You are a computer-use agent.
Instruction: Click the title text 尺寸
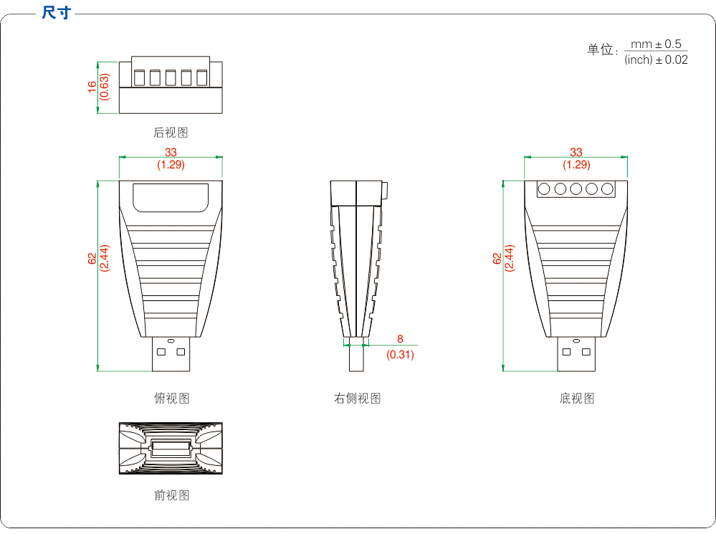pos(57,12)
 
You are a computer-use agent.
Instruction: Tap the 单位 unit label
pos(601,49)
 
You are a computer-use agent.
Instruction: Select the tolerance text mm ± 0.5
pos(656,44)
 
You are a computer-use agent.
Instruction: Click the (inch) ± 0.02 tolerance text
pos(656,59)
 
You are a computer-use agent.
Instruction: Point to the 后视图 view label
pos(171,133)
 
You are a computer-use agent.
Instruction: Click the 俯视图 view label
pos(171,399)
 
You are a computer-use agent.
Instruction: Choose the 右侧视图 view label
pos(357,399)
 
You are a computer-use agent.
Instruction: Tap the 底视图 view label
pos(576,399)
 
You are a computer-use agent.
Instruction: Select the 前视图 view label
pos(171,495)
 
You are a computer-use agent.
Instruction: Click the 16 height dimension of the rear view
pos(92,86)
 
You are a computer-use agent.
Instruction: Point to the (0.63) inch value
pos(105,86)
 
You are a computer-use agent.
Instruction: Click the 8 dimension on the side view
pos(400,339)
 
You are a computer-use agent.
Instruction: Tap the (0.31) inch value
pos(400,354)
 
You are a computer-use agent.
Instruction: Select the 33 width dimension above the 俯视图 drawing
pos(171,152)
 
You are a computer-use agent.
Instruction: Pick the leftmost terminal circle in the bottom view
pos(545,189)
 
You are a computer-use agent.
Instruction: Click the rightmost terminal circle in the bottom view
pos(608,189)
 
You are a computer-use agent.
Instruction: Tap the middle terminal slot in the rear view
pos(171,77)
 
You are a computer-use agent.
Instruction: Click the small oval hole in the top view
pos(171,340)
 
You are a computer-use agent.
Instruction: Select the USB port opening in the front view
pos(171,449)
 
